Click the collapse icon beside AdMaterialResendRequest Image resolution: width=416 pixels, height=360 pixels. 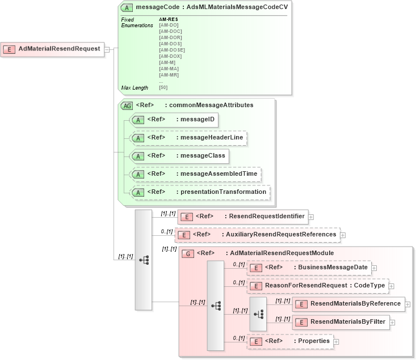106,49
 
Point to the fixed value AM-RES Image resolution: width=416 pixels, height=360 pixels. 169,19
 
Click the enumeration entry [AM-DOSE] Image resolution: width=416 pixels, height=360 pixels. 172,50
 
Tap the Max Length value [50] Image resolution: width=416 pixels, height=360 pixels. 163,87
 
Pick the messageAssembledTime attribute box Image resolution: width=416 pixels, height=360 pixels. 196,173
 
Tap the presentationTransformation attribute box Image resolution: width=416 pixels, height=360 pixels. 200,192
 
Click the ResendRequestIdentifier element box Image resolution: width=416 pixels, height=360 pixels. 242,216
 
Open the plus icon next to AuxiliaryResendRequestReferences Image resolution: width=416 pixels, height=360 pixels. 343,234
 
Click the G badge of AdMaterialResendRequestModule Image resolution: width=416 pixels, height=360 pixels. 188,253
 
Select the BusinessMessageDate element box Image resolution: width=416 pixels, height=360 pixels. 309,267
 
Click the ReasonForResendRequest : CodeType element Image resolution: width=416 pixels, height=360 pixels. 318,286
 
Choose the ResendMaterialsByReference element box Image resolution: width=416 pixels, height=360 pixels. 348,304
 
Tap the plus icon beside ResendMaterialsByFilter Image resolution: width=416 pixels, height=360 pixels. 392,322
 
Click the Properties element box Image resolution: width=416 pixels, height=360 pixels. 290,341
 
